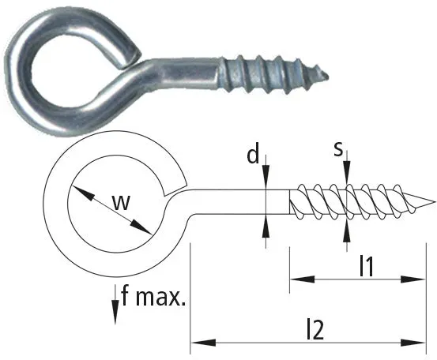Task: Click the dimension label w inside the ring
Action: [x=122, y=202]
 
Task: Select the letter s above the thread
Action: [x=338, y=149]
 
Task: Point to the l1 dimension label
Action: [x=366, y=266]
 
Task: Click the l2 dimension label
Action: [x=315, y=329]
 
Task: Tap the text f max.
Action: [x=153, y=297]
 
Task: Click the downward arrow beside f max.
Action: [x=115, y=304]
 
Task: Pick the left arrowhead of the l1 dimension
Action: [x=302, y=279]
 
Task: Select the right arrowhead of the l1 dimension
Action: [x=413, y=279]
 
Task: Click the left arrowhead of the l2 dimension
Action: [x=203, y=343]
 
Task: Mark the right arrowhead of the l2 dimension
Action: [x=413, y=343]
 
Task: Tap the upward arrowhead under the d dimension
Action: [x=266, y=226]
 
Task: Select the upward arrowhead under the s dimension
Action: [x=347, y=231]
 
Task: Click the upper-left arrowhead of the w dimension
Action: [x=82, y=193]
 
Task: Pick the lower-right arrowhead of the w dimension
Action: [x=141, y=227]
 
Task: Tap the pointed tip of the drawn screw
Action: [x=434, y=202]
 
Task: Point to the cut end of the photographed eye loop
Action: [x=130, y=60]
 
